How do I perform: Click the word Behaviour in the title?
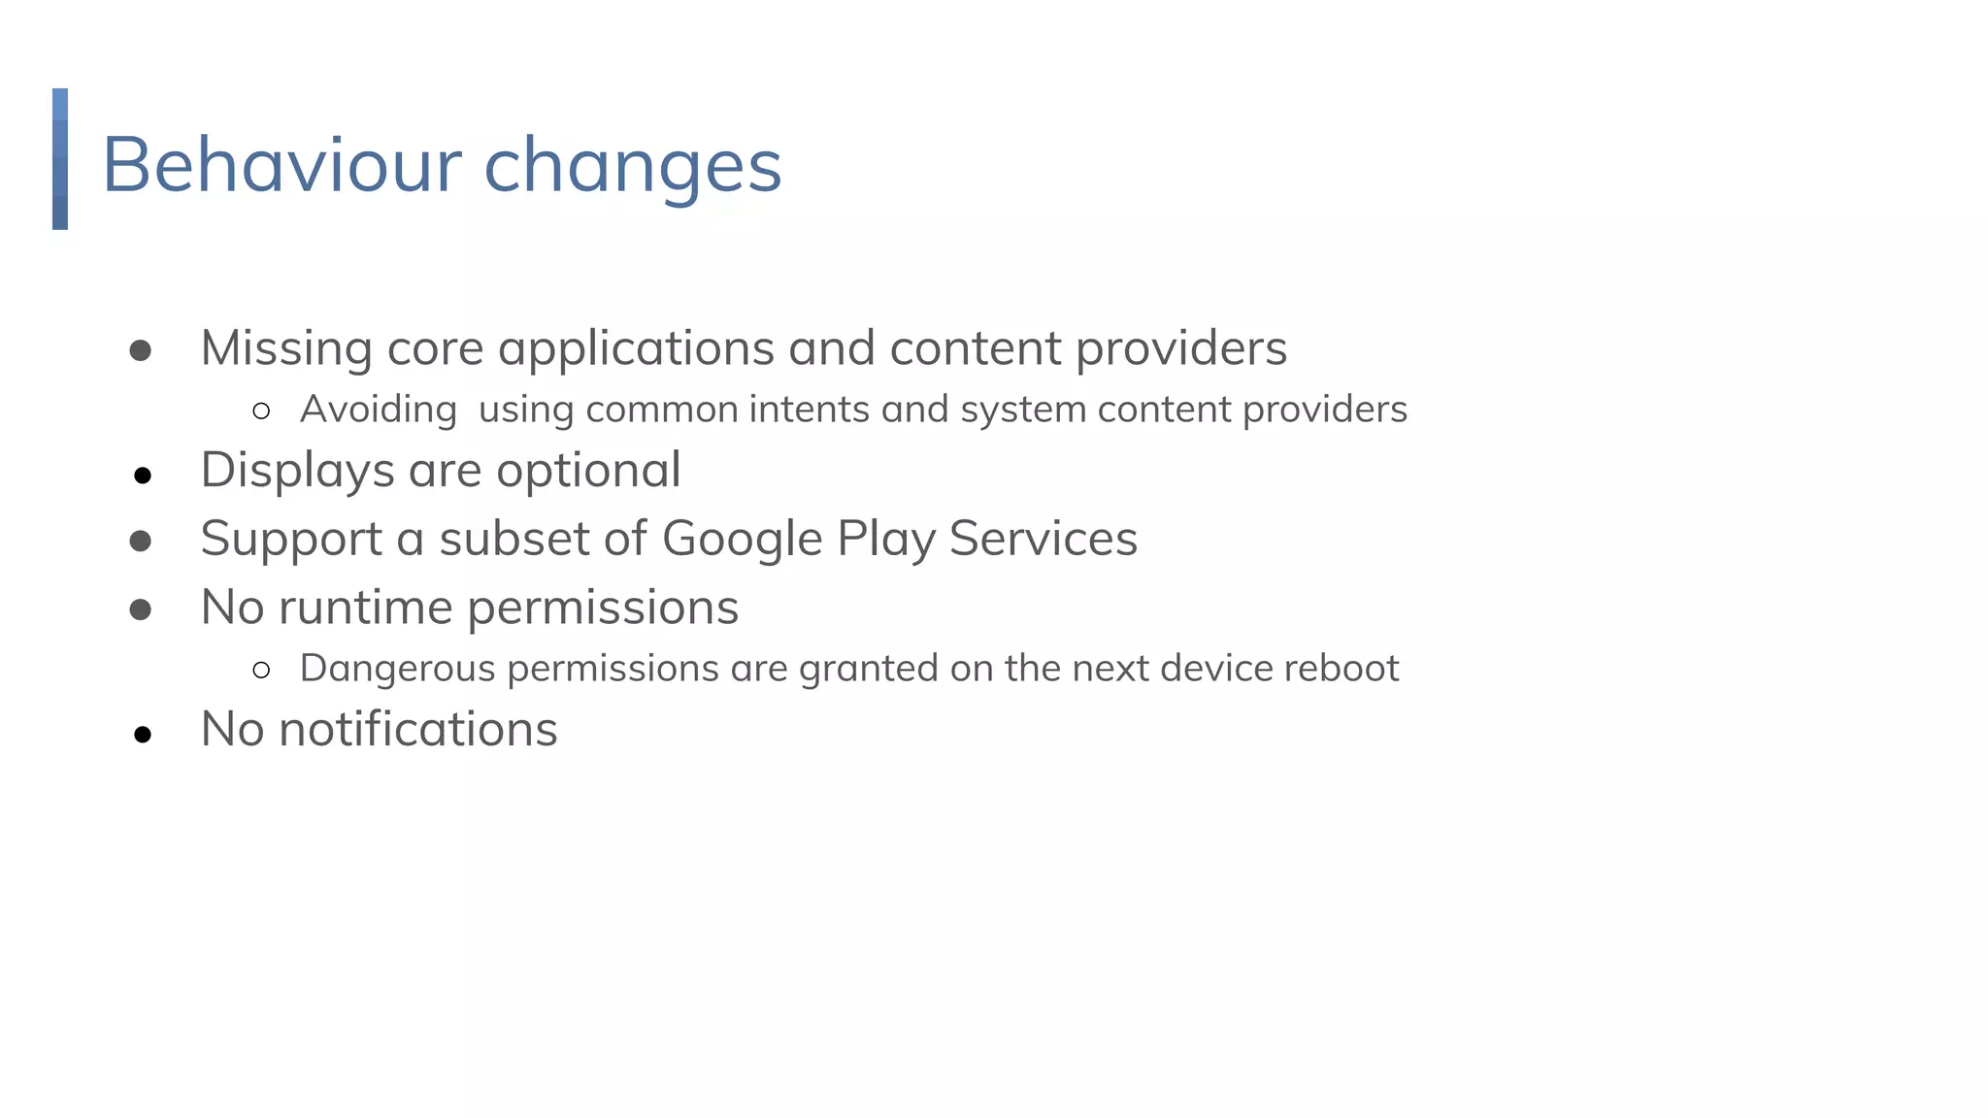[x=282, y=165]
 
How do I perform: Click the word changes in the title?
[x=632, y=167]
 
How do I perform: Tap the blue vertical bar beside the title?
[x=60, y=159]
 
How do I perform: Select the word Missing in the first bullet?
[x=286, y=348]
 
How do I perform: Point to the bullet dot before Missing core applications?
[x=141, y=350]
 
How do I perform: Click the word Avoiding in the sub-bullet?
[x=378, y=410]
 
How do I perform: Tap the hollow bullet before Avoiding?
[x=260, y=411]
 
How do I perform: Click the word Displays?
[x=297, y=472]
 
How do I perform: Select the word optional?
[x=588, y=472]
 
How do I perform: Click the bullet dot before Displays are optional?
[x=143, y=476]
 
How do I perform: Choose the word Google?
[x=742, y=540]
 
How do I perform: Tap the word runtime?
[x=365, y=608]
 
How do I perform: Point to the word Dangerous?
[x=397, y=669]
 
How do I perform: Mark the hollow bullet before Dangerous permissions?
[x=260, y=670]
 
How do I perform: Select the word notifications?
[x=417, y=730]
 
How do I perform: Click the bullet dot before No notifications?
[x=143, y=735]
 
